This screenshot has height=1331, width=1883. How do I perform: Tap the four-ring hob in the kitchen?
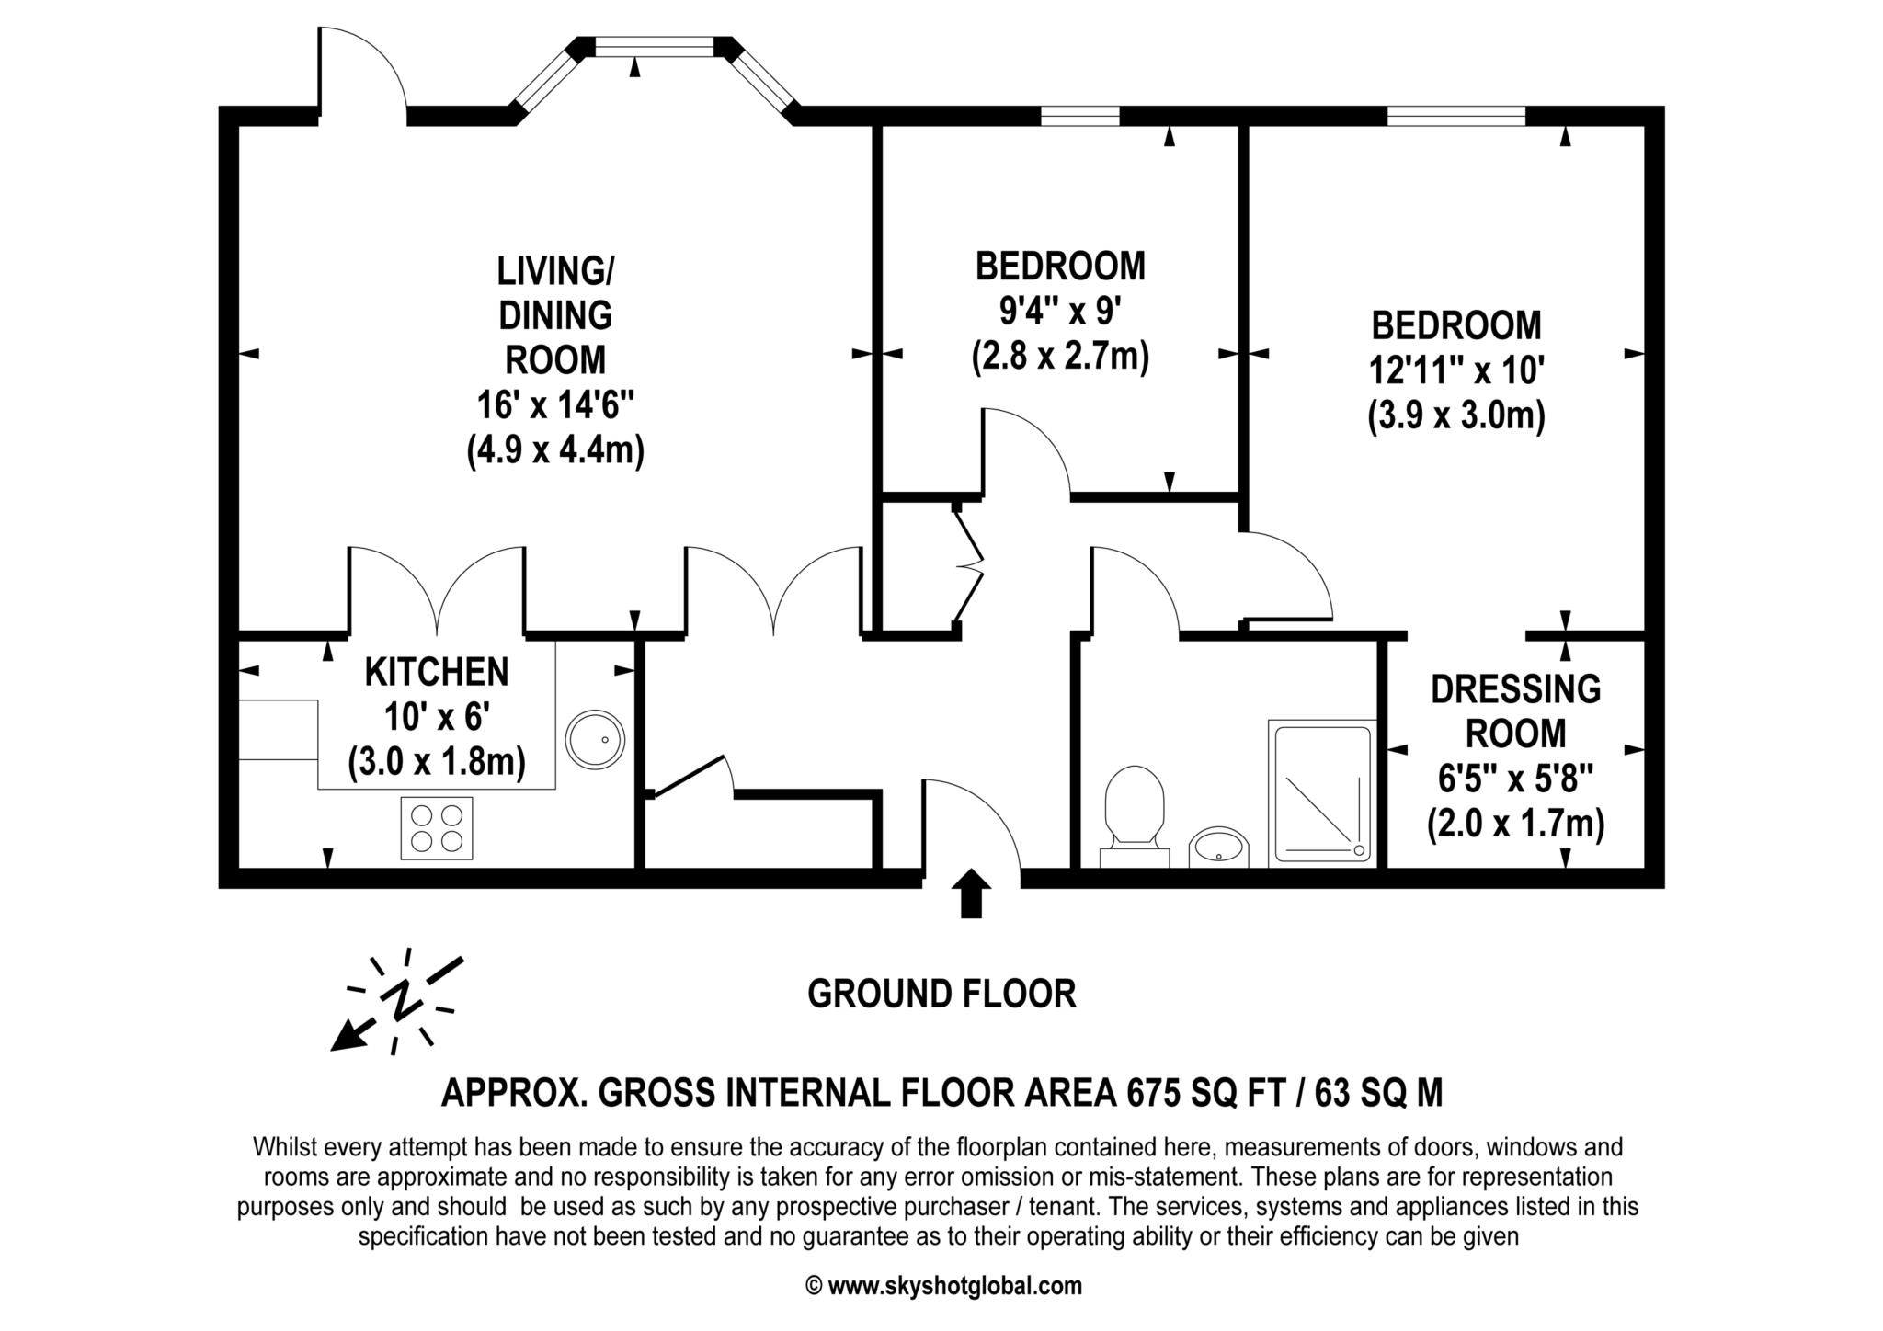pos(437,828)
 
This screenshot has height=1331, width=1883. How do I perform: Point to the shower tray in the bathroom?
pos(1321,793)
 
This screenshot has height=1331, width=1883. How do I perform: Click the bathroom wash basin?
pos(1219,847)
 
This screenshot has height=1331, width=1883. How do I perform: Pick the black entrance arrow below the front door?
pos(971,893)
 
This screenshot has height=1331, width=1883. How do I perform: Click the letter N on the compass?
pos(401,999)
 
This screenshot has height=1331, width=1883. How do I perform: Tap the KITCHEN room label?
pos(437,672)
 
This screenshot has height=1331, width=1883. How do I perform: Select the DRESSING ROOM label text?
pos(1515,711)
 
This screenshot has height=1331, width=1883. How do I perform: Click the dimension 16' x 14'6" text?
pos(555,405)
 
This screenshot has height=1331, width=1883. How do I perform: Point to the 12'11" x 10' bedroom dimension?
pos(1456,370)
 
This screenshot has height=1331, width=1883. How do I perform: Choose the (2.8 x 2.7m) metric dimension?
pos(1060,357)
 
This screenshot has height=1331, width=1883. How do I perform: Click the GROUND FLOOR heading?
pos(941,994)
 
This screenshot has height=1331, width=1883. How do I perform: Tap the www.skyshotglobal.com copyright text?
pos(943,1286)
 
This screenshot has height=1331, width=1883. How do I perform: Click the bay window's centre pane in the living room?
pos(654,46)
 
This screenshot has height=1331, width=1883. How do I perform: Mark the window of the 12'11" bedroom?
pos(1456,116)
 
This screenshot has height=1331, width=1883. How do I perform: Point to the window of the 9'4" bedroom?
pos(1080,116)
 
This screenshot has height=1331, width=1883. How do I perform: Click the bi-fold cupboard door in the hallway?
pos(968,567)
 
